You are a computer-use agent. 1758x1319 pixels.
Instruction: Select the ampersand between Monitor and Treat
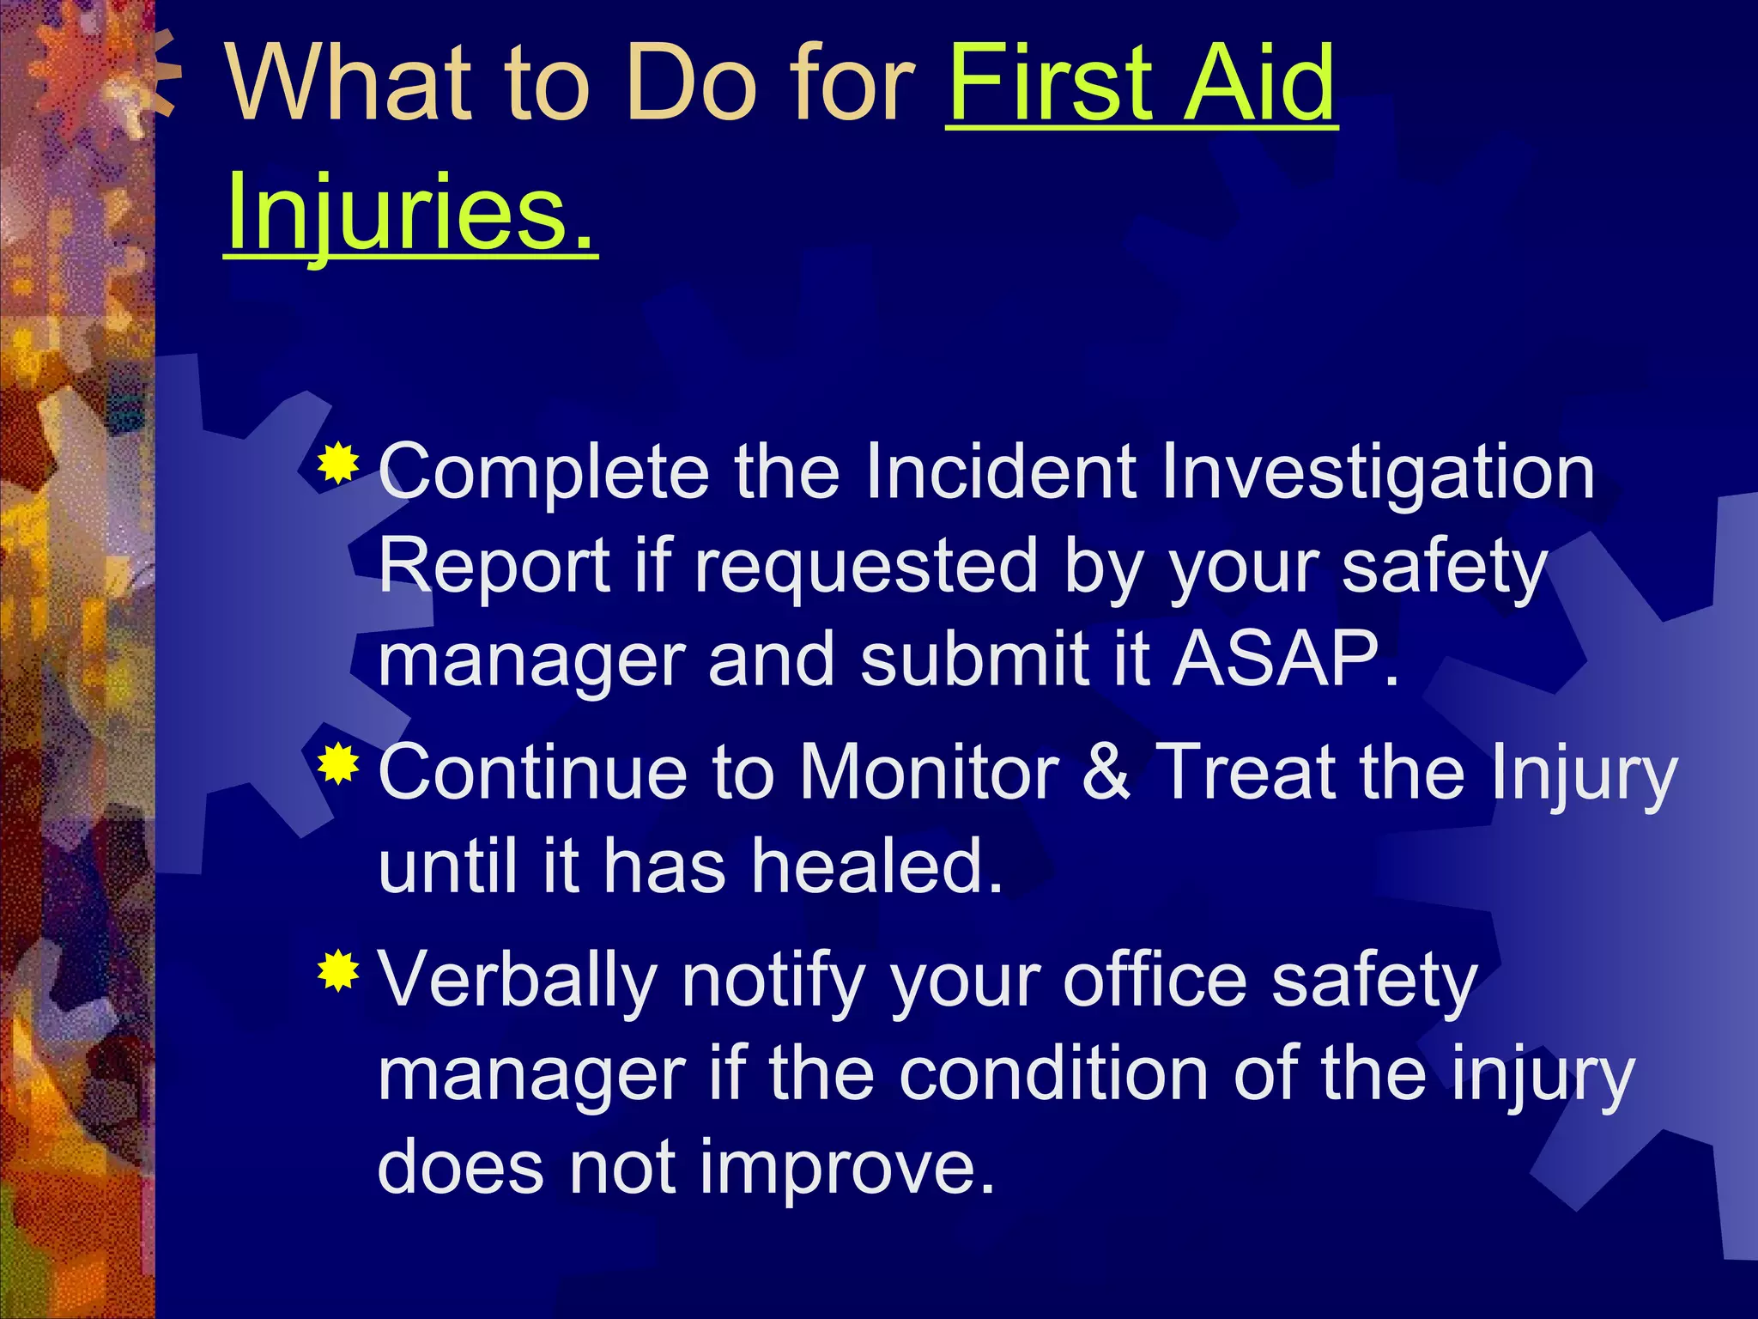click(1106, 771)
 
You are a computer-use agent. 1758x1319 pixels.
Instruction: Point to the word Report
click(494, 567)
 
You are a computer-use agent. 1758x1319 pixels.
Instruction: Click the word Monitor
click(929, 771)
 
